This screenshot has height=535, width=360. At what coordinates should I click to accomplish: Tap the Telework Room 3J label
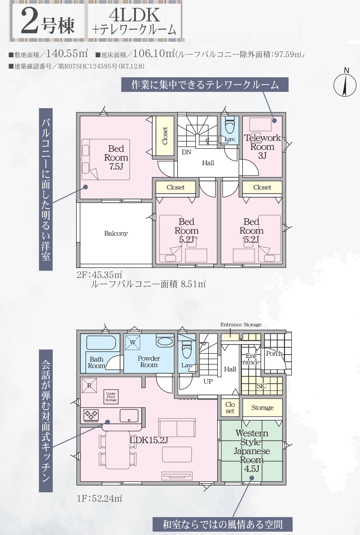pos(262,147)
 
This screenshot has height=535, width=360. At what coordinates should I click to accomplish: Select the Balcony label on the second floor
pos(116,233)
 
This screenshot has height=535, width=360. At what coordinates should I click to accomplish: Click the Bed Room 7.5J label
pos(116,158)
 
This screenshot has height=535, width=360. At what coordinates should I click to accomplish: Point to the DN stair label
pos(186,152)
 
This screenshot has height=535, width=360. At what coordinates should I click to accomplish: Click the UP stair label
pos(208,381)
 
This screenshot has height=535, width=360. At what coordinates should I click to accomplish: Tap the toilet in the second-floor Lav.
pos(230,126)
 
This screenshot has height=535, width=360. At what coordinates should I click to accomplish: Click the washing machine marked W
pos(133,343)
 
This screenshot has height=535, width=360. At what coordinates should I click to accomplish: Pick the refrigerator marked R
pos(89,385)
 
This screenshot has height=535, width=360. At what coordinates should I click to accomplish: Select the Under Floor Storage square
pos(111,396)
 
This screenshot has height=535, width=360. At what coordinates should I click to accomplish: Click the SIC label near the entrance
pos(261,386)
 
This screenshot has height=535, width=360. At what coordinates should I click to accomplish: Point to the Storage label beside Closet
pos(262,407)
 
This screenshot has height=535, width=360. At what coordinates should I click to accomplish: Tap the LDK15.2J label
pos(149,440)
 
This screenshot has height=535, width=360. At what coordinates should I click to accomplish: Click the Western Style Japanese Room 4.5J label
pos(251,451)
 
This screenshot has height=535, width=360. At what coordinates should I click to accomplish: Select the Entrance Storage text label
pos(241,325)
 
